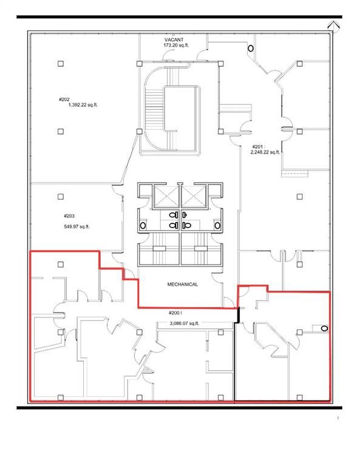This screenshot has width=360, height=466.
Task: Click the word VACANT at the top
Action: point(174,39)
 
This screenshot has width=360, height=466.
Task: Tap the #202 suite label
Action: point(64,99)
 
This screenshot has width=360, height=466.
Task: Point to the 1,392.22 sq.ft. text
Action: point(79,104)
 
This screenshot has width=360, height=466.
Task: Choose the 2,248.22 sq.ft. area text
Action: point(265,152)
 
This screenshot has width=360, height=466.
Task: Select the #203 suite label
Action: point(69,215)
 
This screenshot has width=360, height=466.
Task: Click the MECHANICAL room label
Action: point(182,284)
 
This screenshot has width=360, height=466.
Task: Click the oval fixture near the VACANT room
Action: point(250,48)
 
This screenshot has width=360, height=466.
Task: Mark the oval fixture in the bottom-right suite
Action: point(325,329)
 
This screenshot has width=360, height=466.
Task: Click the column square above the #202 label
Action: point(60,63)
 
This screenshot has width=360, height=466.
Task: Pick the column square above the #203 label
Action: point(60,197)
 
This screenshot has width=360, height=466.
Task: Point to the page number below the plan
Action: point(338,419)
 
